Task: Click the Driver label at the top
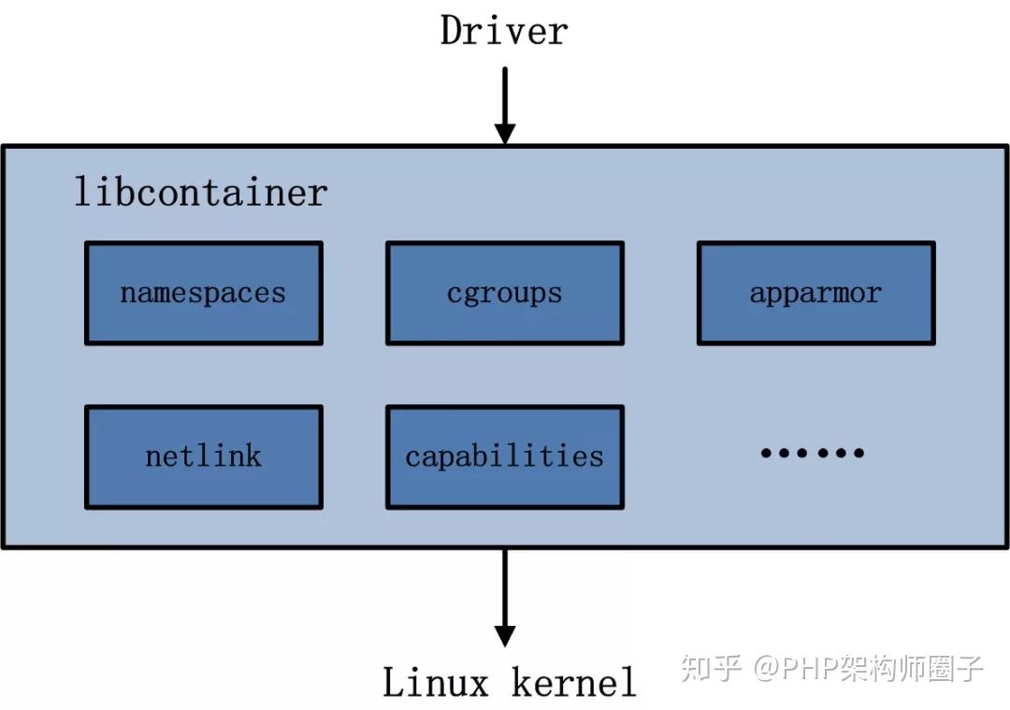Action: click(504, 30)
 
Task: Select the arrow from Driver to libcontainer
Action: click(504, 103)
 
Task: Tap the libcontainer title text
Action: click(201, 192)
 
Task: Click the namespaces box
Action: click(204, 293)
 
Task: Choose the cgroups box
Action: click(505, 293)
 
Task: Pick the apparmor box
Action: click(815, 293)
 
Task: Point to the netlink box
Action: click(204, 456)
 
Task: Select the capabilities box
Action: click(505, 456)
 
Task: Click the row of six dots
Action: click(812, 454)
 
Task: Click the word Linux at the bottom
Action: click(436, 682)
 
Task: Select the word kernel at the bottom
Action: click(573, 682)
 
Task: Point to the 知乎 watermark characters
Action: click(712, 668)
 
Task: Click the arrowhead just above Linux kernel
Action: click(504, 635)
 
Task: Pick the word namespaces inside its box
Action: click(203, 293)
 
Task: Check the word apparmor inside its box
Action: click(815, 293)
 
